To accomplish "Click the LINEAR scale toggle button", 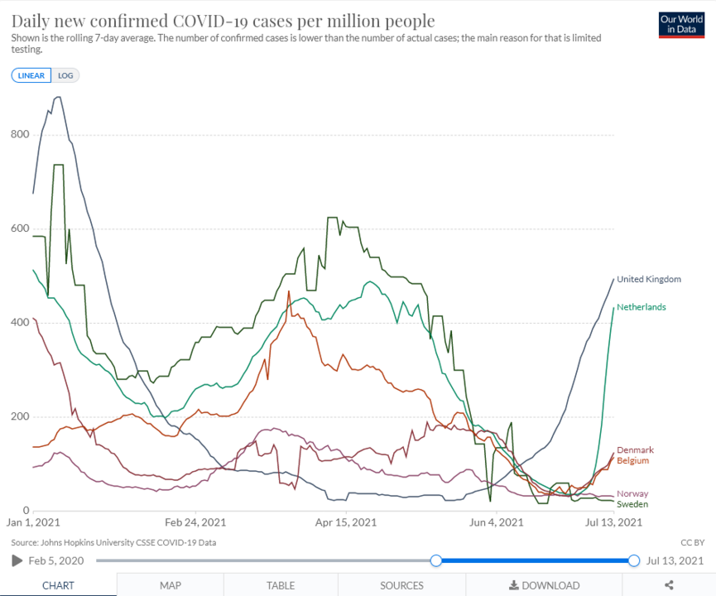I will tap(31, 75).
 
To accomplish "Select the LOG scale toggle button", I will tap(65, 75).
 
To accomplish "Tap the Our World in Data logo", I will tap(681, 25).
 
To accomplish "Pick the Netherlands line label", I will tap(641, 307).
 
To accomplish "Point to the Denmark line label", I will tap(634, 449).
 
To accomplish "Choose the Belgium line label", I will tap(632, 460).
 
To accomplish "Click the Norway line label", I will tap(632, 493).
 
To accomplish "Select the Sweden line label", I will tap(632, 504).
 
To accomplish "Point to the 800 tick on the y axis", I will tap(20, 134).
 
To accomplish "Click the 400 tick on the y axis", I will tap(20, 323).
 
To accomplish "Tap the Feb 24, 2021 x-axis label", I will tap(195, 522).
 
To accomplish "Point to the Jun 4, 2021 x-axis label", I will tap(496, 522).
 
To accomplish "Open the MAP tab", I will tap(171, 585).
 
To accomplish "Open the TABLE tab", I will tap(281, 585).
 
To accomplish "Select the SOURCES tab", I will tap(402, 585).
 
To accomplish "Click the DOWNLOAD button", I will tap(544, 585).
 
